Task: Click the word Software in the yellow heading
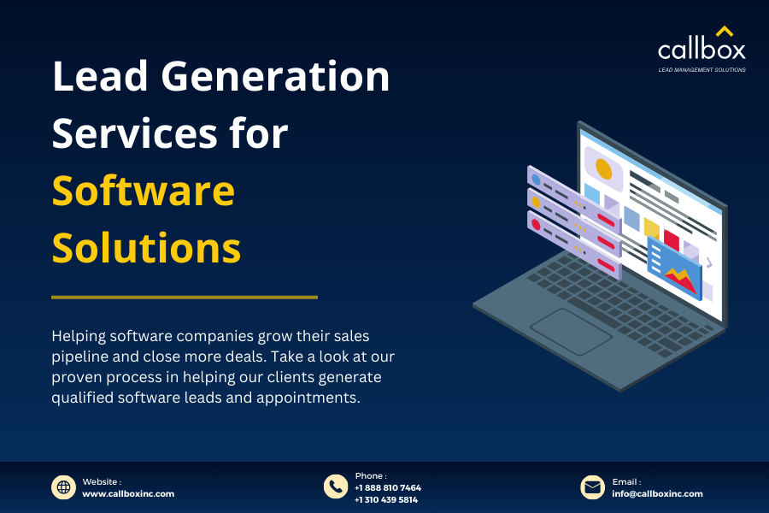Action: point(143,191)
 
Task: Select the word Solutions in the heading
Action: point(146,248)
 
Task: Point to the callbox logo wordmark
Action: point(701,50)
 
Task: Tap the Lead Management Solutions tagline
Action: point(701,69)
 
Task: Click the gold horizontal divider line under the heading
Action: point(184,298)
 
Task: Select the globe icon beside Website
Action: point(63,487)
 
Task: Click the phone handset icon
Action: point(335,486)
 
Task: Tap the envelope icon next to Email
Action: point(592,487)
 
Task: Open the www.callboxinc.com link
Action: point(128,493)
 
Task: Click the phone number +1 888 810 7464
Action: point(387,488)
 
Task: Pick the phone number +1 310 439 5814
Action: point(386,499)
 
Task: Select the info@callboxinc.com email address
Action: point(657,493)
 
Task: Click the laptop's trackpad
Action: point(570,328)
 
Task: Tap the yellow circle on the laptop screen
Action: point(603,168)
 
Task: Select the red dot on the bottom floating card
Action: point(537,224)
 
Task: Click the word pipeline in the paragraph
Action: point(80,356)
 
